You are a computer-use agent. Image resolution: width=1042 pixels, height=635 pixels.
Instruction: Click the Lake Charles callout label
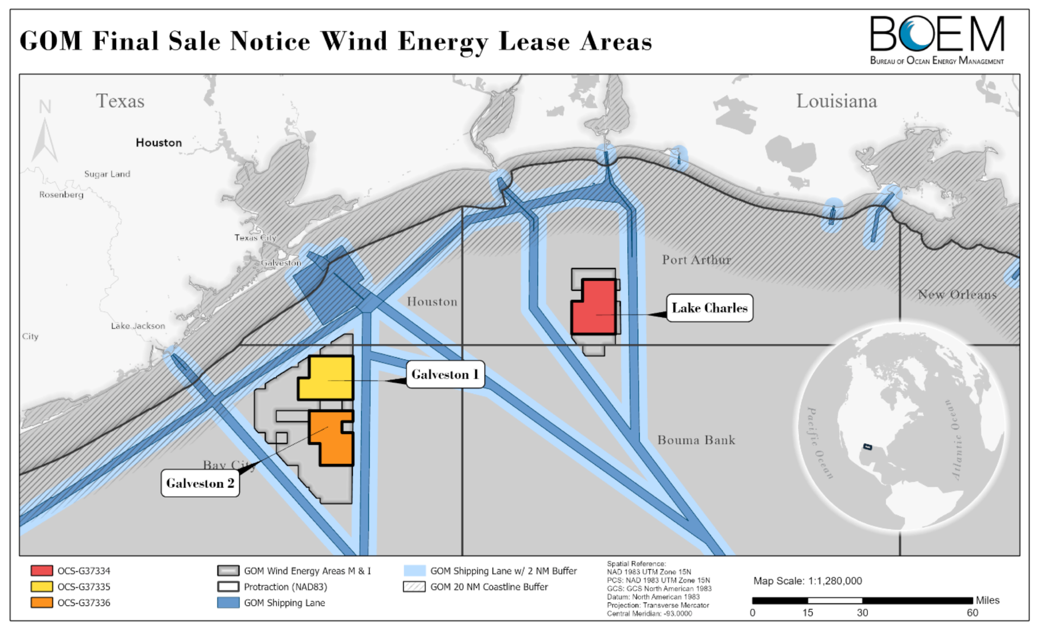coord(709,308)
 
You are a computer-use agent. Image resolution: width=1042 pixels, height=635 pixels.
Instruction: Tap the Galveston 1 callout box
coord(445,374)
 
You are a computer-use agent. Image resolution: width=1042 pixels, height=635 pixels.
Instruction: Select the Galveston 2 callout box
coord(200,483)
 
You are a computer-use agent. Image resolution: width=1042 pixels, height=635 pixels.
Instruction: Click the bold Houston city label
coord(158,143)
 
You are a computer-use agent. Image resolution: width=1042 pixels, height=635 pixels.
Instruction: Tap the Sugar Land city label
coord(107,174)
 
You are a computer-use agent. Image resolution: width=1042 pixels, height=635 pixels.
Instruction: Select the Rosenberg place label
coord(61,195)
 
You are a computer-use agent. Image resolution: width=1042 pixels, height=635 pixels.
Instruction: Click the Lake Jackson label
coord(138,326)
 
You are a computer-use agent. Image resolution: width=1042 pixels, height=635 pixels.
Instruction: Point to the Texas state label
coord(120,101)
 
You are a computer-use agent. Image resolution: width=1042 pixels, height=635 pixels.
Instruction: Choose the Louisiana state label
coord(836,101)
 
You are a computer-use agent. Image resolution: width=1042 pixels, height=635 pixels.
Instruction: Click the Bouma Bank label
coord(696,440)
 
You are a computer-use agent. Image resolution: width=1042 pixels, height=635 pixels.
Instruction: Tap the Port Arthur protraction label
coord(696,260)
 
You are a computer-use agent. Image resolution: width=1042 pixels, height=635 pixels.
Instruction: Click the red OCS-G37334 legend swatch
coord(42,571)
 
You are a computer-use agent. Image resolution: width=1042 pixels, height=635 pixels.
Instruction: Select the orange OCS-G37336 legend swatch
coord(42,603)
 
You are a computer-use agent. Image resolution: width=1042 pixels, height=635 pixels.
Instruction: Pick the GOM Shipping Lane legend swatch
coord(228,603)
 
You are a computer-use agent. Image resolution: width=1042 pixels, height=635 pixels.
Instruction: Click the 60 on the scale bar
coord(972,613)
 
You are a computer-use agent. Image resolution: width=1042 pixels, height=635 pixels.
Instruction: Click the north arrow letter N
coord(45,107)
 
